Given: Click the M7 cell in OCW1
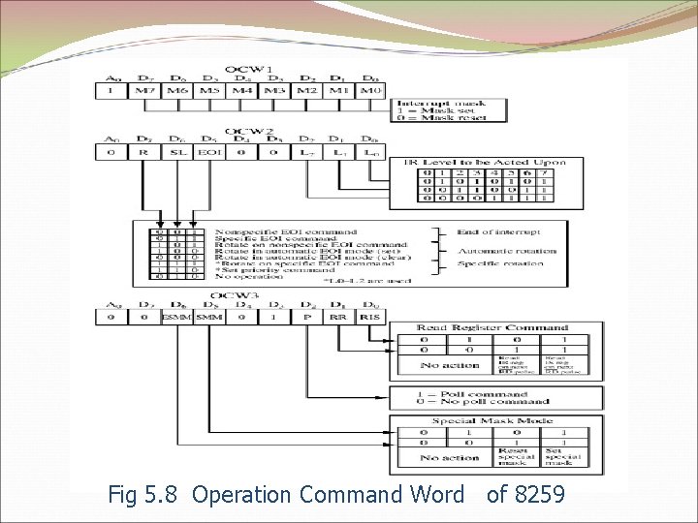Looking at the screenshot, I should [144, 90].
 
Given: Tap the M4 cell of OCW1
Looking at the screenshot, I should [242, 90].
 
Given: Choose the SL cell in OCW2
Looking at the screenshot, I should [177, 152].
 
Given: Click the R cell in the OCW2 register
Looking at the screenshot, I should [144, 152].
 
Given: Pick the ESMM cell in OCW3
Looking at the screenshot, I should [176, 317].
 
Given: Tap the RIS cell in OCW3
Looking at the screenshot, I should [368, 317].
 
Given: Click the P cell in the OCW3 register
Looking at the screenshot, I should [306, 317].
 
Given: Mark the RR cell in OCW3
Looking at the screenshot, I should [338, 317].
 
